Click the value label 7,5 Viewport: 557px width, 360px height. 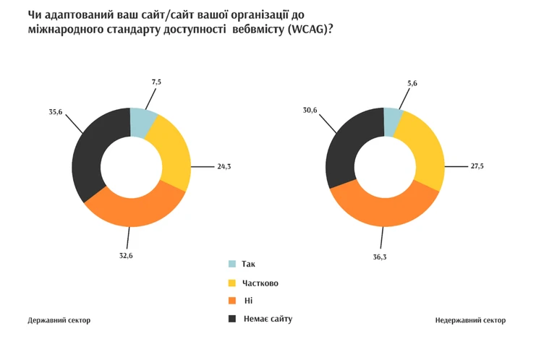click(x=156, y=82)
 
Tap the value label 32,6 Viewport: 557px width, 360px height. click(x=127, y=255)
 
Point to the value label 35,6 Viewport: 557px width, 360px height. click(x=56, y=111)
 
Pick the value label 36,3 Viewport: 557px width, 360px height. click(x=378, y=255)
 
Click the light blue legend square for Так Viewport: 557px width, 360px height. click(x=231, y=264)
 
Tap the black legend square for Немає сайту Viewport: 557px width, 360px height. click(x=231, y=318)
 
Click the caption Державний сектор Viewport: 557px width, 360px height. click(x=59, y=320)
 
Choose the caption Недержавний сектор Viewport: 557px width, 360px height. click(x=471, y=320)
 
